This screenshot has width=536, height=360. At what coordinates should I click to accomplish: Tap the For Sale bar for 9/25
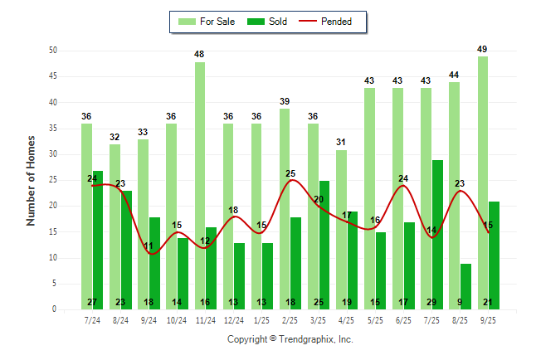[483, 182]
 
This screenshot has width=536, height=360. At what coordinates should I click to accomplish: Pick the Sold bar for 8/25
[465, 286]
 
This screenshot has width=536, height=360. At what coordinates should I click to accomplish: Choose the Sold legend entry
[269, 22]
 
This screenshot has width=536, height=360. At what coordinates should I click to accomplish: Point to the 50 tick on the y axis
[52, 51]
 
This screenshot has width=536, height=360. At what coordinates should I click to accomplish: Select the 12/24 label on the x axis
[233, 319]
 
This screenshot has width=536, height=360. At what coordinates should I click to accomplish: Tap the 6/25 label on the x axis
[403, 319]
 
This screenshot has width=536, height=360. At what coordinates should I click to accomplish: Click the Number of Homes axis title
[31, 180]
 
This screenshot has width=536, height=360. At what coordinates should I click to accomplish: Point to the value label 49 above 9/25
[482, 50]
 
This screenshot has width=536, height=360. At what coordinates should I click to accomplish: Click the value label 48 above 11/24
[200, 55]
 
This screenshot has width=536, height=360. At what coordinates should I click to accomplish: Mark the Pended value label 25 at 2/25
[290, 173]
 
